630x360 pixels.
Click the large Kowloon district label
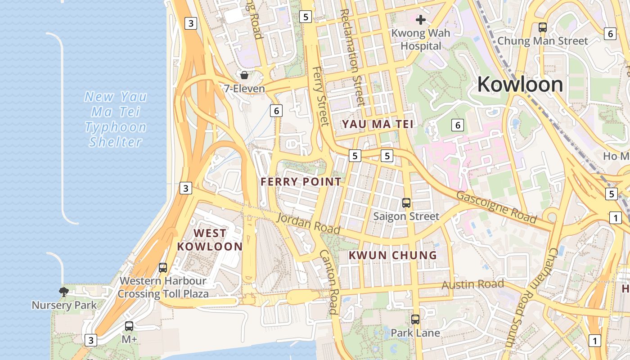click(520, 85)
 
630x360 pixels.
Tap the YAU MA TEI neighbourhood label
click(377, 124)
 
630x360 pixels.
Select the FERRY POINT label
click(301, 182)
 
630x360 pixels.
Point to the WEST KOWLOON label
click(210, 240)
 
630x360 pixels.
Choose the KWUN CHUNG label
click(393, 255)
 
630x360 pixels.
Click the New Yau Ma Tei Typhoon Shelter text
click(116, 119)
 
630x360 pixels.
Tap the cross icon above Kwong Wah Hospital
click(421, 20)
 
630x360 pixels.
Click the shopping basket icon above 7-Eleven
click(244, 75)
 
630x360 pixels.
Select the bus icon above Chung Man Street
click(543, 27)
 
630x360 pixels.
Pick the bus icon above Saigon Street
click(406, 203)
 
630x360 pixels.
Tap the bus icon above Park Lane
click(415, 319)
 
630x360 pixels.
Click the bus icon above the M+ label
click(129, 326)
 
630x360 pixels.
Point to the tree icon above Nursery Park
click(64, 292)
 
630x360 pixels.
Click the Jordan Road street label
click(308, 223)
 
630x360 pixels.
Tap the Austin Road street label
click(472, 284)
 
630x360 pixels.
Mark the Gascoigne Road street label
click(496, 207)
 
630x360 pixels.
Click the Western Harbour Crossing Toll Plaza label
click(163, 288)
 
